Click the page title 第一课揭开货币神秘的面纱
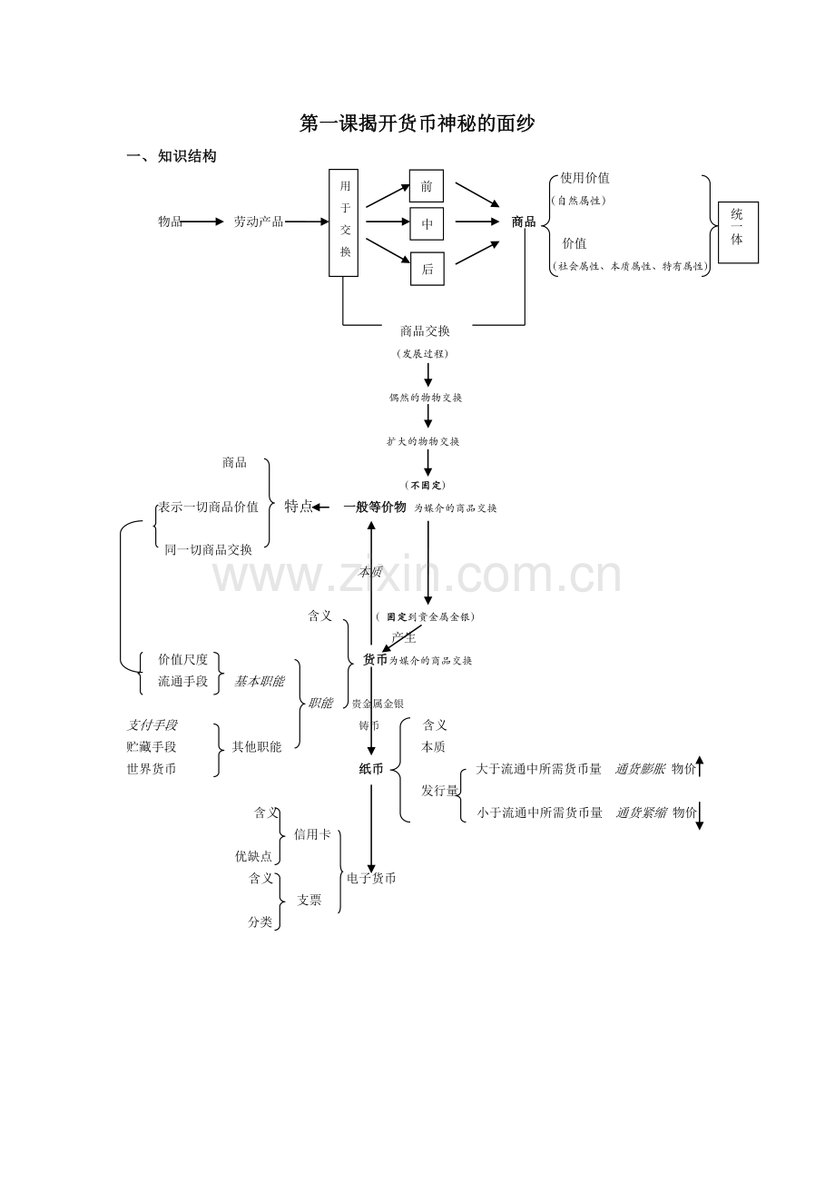(x=417, y=123)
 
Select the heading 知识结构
(x=187, y=156)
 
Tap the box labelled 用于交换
(x=344, y=222)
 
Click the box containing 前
(x=427, y=186)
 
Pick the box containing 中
(x=427, y=223)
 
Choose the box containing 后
(x=427, y=269)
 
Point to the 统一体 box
(x=737, y=232)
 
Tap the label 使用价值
(x=584, y=178)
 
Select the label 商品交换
(x=425, y=331)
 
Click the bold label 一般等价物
(x=375, y=507)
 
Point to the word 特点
(x=298, y=507)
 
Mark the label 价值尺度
(x=182, y=660)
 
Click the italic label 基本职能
(x=259, y=681)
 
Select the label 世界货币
(x=152, y=769)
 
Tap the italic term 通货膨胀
(x=640, y=769)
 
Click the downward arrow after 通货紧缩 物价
(x=700, y=814)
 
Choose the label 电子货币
(x=371, y=878)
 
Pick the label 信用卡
(x=312, y=834)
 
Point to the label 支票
(x=309, y=900)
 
